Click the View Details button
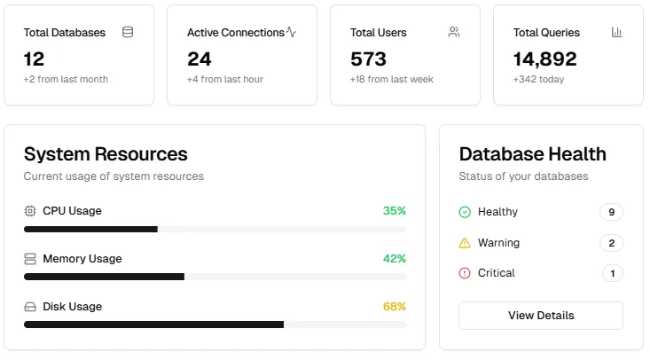pyautogui.click(x=541, y=316)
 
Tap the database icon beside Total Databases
pyautogui.click(x=128, y=32)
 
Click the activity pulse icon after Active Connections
pyautogui.click(x=291, y=32)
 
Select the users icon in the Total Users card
pyautogui.click(x=454, y=32)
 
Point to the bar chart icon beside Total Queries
pyautogui.click(x=617, y=32)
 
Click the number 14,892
pyautogui.click(x=544, y=59)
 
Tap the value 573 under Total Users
pyautogui.click(x=368, y=59)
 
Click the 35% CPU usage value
pyautogui.click(x=395, y=211)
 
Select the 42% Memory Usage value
pyautogui.click(x=395, y=259)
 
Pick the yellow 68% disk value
pyautogui.click(x=395, y=307)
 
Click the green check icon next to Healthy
pyautogui.click(x=465, y=212)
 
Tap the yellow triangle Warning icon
pyautogui.click(x=465, y=243)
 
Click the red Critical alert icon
pyautogui.click(x=465, y=273)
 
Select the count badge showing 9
pyautogui.click(x=612, y=212)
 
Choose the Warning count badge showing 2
pyautogui.click(x=612, y=243)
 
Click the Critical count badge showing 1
pyautogui.click(x=613, y=273)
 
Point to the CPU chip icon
pyautogui.click(x=30, y=211)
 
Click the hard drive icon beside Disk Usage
pyautogui.click(x=30, y=307)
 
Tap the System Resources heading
pyautogui.click(x=106, y=154)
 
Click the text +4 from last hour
pyautogui.click(x=225, y=79)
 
